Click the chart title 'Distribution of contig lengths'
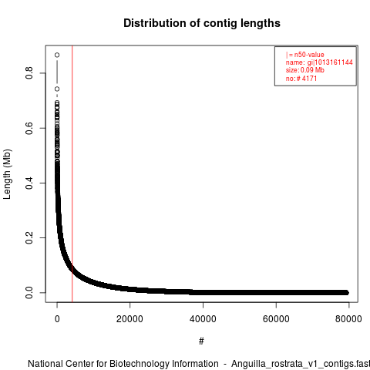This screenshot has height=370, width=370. click(202, 23)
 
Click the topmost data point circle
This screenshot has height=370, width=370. click(57, 55)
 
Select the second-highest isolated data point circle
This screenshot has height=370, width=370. click(57, 89)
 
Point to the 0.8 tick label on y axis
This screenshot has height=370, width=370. click(29, 73)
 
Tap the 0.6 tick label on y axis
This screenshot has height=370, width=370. click(29, 128)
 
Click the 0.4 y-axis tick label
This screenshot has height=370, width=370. click(29, 183)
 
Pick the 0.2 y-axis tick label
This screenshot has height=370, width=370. click(29, 237)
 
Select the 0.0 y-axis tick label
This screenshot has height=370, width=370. click(29, 293)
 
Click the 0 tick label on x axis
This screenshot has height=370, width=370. click(57, 319)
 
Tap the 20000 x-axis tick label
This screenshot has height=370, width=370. click(129, 319)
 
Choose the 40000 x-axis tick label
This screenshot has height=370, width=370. click(203, 319)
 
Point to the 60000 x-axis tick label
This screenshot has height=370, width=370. click(276, 319)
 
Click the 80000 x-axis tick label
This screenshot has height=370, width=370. click(348, 319)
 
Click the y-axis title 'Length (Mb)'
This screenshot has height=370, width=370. click(7, 174)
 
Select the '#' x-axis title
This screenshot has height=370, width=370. click(201, 341)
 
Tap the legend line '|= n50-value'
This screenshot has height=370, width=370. click(305, 55)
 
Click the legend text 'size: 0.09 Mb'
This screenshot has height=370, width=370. click(305, 70)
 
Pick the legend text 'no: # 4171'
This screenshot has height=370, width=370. click(301, 79)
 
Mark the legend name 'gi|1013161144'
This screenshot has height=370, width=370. click(330, 62)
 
